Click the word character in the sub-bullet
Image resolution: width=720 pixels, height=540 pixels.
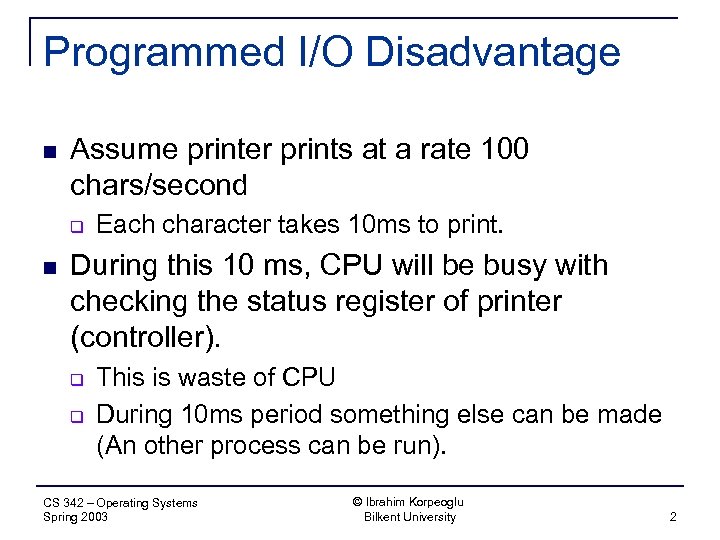(x=207, y=225)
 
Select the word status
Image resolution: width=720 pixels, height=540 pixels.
(x=306, y=301)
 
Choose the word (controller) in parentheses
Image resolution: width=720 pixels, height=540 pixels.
(x=145, y=336)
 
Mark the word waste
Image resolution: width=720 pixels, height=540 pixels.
(x=208, y=377)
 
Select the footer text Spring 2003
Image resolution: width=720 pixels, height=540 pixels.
(x=76, y=517)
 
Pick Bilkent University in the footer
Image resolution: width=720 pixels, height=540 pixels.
(x=409, y=517)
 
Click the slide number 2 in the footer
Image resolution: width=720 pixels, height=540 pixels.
(x=673, y=517)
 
